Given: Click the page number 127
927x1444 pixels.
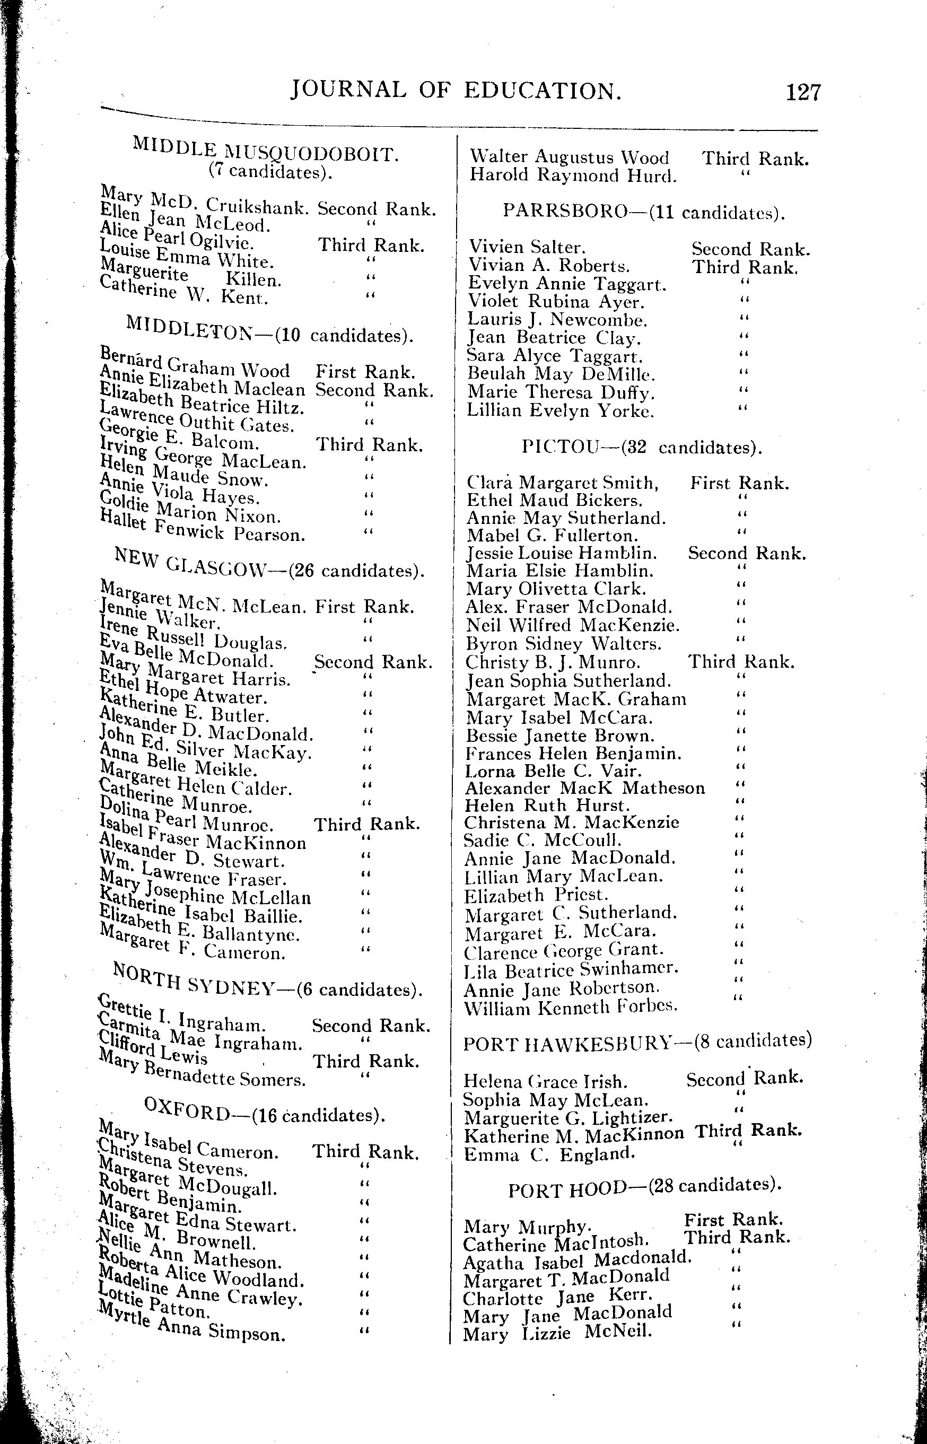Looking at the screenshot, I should (x=803, y=92).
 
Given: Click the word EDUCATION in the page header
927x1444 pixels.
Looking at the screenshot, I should (x=543, y=91).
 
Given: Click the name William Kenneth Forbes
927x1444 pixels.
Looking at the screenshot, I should (x=570, y=1006).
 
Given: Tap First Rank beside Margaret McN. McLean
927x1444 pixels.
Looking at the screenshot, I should (x=364, y=606).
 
